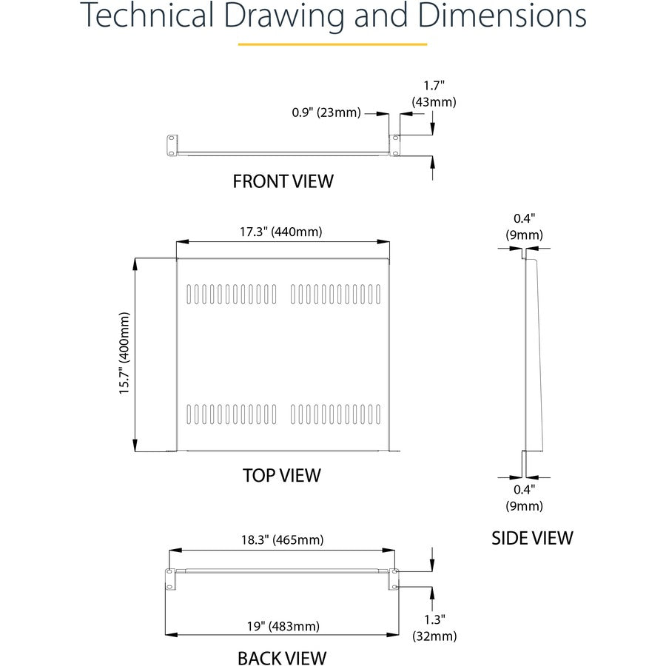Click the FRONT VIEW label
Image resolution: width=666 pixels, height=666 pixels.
tap(283, 181)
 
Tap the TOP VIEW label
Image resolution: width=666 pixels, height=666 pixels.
tap(282, 475)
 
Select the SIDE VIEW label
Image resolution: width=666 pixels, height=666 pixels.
tap(532, 538)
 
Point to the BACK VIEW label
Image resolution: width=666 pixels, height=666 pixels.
tap(282, 658)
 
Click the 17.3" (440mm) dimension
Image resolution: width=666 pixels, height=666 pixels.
tap(280, 232)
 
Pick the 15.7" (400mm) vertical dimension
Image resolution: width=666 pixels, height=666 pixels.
tap(124, 354)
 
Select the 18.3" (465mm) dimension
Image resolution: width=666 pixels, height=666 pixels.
tap(283, 540)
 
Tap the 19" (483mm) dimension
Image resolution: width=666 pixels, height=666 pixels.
tap(283, 626)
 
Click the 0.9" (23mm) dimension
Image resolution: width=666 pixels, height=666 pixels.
tap(326, 112)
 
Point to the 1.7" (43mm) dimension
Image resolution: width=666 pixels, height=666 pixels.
tap(434, 94)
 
